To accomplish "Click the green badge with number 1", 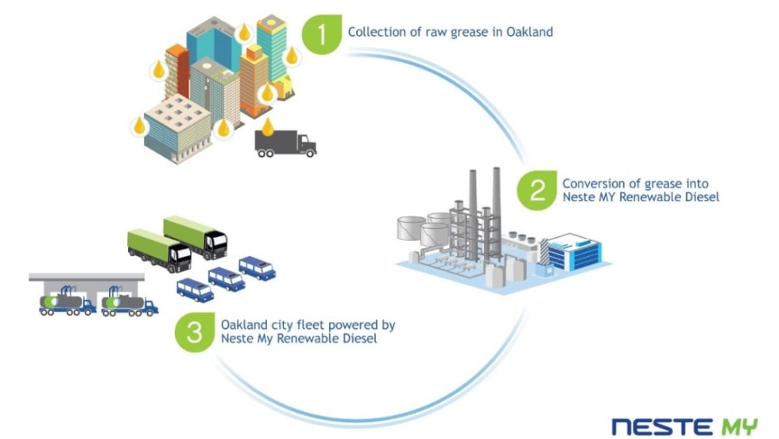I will [x=322, y=33].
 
